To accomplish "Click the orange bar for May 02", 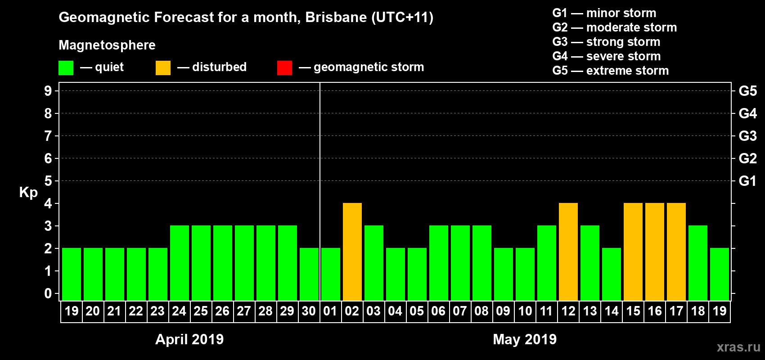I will click(x=352, y=252).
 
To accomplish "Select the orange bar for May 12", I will click(x=568, y=252).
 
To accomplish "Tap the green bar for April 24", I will click(x=180, y=263).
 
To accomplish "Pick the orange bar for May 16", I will click(x=655, y=252).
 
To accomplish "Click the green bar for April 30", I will click(x=309, y=274).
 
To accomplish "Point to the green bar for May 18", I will click(x=698, y=263).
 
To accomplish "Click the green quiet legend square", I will click(x=66, y=68).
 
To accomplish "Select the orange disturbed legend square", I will click(x=163, y=68).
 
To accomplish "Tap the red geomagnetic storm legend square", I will click(x=284, y=68).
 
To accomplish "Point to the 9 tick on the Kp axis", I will click(x=48, y=91).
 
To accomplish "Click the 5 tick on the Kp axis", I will click(x=48, y=181).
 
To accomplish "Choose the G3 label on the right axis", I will click(x=747, y=136).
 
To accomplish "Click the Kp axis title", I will click(x=28, y=192).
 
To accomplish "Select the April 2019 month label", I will click(x=189, y=339).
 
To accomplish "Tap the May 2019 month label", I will click(x=525, y=339).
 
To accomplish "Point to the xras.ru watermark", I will click(x=738, y=347).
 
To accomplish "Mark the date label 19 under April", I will click(x=72, y=311).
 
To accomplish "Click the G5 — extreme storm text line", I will click(x=610, y=71).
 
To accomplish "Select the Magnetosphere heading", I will click(x=107, y=45).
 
